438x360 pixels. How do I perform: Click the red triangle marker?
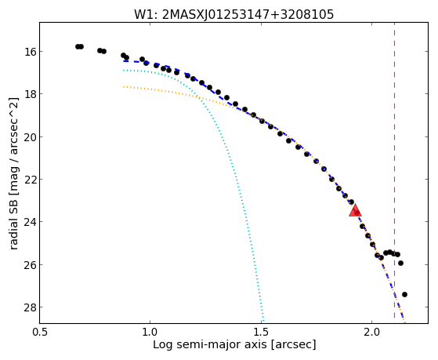pos(355,211)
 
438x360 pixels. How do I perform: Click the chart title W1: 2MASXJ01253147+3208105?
pos(233,14)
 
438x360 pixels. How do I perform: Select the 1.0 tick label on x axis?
pos(150,332)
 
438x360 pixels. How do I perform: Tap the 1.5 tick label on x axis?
pos(261,332)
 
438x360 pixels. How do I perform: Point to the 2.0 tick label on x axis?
pos(372,332)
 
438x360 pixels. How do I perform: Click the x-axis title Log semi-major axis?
pos(210,344)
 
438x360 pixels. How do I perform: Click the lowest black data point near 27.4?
pos(404,294)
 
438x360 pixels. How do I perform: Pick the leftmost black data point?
pos(78,46)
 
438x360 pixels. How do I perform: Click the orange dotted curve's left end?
pos(124,87)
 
